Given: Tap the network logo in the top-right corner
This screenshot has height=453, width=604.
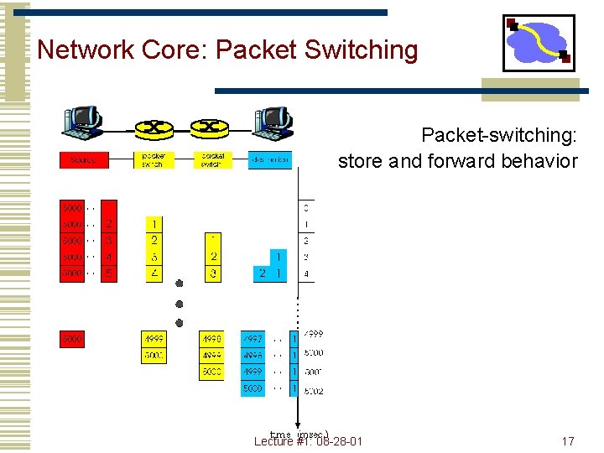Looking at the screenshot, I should (x=539, y=43).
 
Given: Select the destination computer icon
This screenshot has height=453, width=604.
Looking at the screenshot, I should (x=272, y=123).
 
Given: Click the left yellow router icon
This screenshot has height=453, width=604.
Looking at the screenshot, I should (x=154, y=129).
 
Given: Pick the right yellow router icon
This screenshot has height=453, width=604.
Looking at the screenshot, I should (x=210, y=129).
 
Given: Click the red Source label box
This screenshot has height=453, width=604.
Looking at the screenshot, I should (x=83, y=159).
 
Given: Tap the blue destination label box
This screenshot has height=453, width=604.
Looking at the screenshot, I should (x=269, y=159).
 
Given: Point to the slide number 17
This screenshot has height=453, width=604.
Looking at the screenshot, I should (x=568, y=441).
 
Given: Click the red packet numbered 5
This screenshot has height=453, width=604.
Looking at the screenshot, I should (x=108, y=273).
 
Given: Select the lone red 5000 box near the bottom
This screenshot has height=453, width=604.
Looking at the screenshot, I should (x=71, y=340).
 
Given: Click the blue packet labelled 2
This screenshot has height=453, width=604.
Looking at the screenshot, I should (x=263, y=273).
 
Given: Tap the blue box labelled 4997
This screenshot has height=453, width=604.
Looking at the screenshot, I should (x=253, y=339).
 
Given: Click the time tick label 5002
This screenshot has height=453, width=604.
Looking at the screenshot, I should (x=314, y=391).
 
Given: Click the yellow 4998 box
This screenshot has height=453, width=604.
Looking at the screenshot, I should (x=211, y=339).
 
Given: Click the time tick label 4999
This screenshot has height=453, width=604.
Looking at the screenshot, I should (x=312, y=335).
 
